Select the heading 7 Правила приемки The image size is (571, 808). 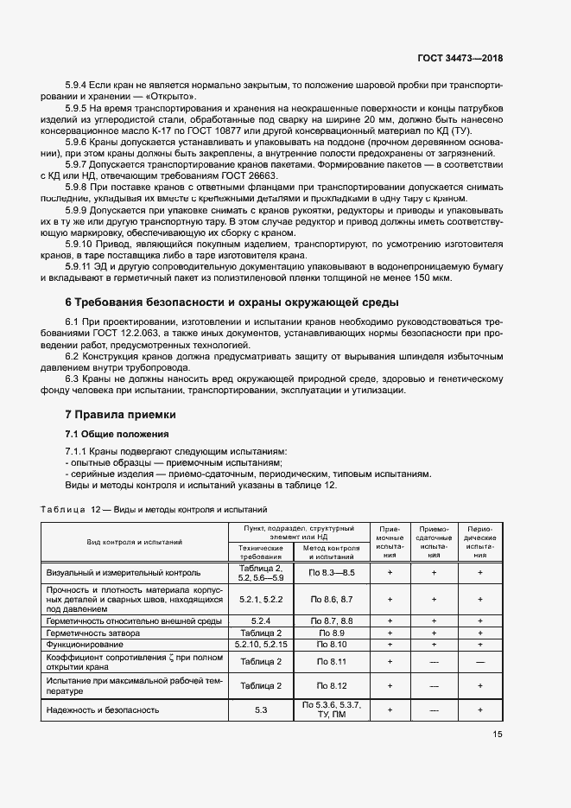click(x=120, y=415)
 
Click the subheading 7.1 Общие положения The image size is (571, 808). click(x=117, y=434)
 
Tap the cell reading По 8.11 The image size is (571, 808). click(x=332, y=661)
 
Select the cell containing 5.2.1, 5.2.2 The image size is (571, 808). click(x=261, y=599)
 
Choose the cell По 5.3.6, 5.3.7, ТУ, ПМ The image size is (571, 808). click(x=332, y=709)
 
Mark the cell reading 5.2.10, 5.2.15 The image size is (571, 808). click(x=261, y=645)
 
